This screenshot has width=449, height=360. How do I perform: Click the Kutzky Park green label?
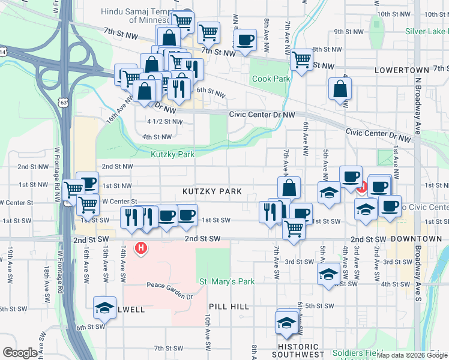(x=173, y=154)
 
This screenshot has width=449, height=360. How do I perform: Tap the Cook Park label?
(x=271, y=79)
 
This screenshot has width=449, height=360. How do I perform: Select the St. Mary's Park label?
(x=227, y=281)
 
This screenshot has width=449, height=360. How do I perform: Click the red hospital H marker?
(x=141, y=247)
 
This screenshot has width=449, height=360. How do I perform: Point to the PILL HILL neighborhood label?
(x=231, y=307)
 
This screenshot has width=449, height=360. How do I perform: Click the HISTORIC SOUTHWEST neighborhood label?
(x=302, y=351)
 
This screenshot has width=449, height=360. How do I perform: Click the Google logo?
(x=20, y=353)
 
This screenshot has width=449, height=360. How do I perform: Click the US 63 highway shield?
(x=64, y=103)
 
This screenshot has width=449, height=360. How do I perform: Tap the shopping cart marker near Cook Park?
(x=301, y=59)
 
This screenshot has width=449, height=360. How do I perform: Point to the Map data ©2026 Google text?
(x=411, y=355)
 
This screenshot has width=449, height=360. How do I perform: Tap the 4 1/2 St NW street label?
(x=164, y=121)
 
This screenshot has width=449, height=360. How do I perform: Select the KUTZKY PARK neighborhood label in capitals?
(x=212, y=191)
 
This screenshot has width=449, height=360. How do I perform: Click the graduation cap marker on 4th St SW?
(x=328, y=274)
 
